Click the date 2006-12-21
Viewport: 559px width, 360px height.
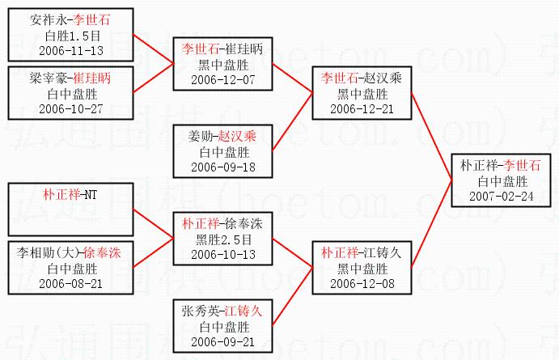[362, 108]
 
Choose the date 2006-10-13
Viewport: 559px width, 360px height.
[222, 254]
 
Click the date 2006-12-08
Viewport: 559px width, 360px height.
[362, 283]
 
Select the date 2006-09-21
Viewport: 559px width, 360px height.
[222, 341]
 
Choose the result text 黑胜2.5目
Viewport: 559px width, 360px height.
[222, 239]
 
